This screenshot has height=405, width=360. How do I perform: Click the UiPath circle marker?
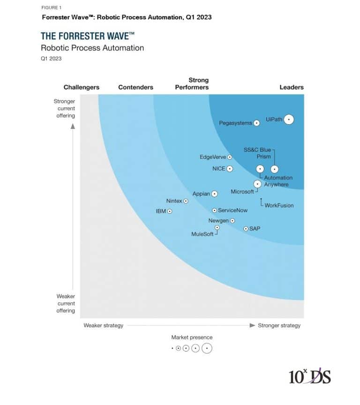point(289,120)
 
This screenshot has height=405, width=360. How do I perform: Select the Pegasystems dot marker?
point(256,123)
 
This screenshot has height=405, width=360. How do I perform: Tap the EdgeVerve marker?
point(230,157)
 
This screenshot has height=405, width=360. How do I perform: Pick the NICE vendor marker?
point(230,169)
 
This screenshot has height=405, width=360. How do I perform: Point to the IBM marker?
point(170,211)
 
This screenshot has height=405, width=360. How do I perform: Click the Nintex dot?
point(186,201)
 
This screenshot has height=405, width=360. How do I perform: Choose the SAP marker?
point(246,229)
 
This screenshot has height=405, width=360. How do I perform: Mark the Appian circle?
point(214,194)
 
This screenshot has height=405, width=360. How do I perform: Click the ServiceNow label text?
point(232,211)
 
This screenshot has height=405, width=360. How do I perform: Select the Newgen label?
point(218,221)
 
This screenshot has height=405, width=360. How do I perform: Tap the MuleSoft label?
point(202,234)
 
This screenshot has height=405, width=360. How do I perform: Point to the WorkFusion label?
point(279,206)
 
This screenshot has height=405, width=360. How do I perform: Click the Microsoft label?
point(242,192)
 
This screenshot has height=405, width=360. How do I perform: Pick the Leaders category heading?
point(292,87)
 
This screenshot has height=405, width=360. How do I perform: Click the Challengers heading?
point(82,87)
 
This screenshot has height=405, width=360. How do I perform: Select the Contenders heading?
point(135,87)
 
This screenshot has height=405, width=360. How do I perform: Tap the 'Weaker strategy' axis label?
point(103,325)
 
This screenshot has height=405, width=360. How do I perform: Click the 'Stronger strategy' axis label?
point(279,325)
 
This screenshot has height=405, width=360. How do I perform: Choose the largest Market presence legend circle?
point(207,348)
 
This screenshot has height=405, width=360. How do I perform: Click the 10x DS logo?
point(309,375)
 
